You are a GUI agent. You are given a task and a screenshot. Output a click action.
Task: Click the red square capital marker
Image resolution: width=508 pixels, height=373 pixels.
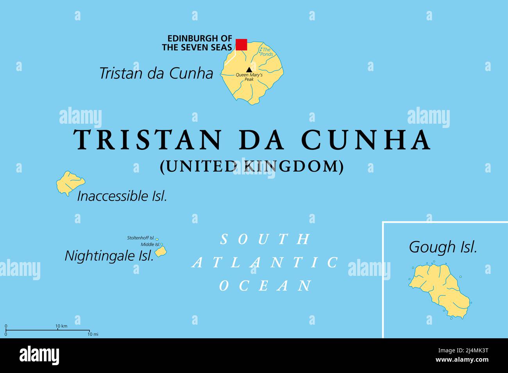(x=241, y=44)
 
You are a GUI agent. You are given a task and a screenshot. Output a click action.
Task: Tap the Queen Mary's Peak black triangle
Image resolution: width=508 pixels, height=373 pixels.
(x=249, y=69)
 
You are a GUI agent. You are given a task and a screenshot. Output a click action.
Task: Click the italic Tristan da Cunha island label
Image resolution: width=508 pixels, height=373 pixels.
(x=156, y=73)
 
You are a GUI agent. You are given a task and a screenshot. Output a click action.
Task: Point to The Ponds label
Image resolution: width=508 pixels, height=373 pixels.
(x=267, y=52)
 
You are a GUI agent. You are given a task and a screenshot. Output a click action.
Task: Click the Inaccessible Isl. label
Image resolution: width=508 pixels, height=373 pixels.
(x=122, y=196)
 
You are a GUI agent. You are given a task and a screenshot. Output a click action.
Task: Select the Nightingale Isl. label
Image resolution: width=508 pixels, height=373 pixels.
(x=109, y=256)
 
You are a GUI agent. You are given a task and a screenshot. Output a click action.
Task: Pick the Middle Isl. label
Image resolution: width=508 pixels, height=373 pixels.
(x=150, y=244)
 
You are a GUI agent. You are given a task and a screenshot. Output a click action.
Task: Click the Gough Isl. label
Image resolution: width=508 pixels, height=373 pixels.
(x=443, y=247)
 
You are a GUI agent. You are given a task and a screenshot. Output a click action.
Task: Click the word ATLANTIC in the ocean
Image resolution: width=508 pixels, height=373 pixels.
(x=266, y=263)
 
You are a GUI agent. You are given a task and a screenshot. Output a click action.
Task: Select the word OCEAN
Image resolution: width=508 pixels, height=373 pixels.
(x=266, y=286)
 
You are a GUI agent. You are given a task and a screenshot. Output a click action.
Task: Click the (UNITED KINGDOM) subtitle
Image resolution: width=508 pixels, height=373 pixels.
(x=252, y=167)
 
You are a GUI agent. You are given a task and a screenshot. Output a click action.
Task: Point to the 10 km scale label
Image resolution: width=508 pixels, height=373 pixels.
(x=61, y=326)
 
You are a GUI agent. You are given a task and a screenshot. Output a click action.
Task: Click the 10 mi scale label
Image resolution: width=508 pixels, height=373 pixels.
(x=93, y=334)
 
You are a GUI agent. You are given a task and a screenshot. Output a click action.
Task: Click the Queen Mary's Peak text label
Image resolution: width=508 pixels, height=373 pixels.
(x=249, y=77)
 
